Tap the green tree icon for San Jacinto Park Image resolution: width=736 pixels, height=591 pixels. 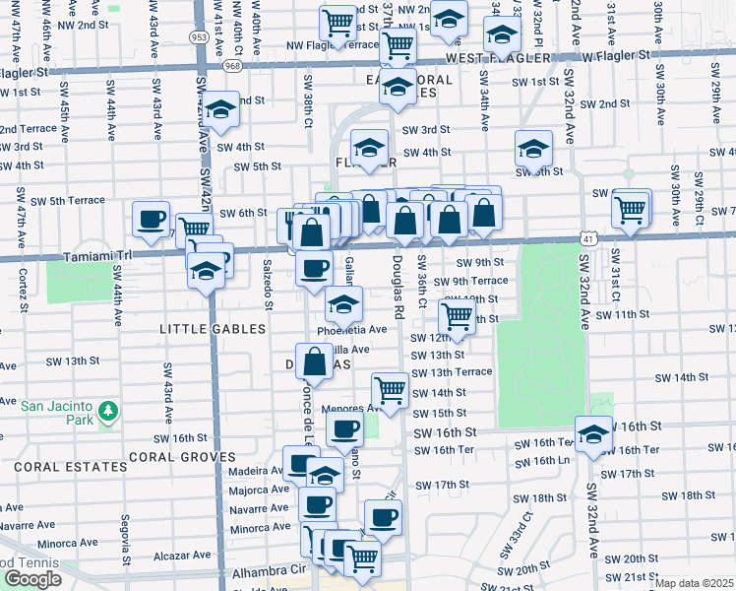[x=110, y=409]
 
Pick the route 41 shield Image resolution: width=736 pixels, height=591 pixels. [x=586, y=238]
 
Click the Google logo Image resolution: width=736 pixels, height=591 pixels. [x=32, y=579]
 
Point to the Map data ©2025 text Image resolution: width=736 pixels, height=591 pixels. [x=695, y=583]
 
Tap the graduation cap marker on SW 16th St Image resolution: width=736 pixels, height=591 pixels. [x=593, y=433]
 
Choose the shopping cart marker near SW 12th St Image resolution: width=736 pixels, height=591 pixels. [x=457, y=317]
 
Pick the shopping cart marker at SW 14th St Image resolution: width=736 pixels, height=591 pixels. [x=391, y=391]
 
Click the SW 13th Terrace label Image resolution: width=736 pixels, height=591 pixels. [x=452, y=372]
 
